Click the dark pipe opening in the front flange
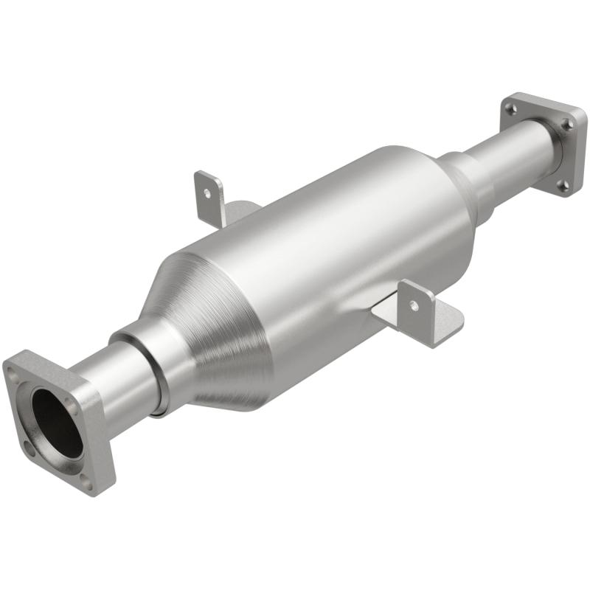[x=56, y=421]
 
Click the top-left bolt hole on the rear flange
[x=510, y=110]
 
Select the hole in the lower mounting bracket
[x=414, y=304]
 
